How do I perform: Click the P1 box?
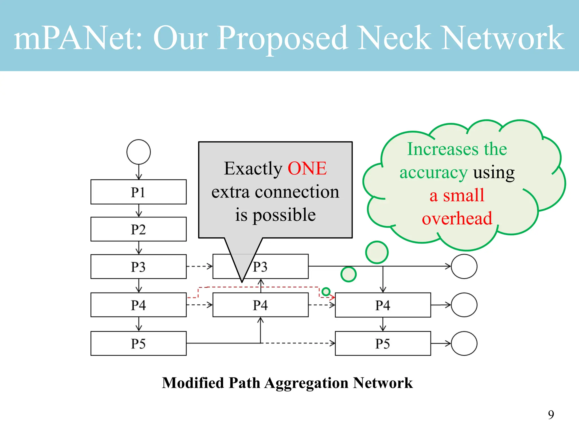tap(138, 192)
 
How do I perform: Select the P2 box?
tap(138, 229)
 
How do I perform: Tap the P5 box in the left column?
tap(138, 343)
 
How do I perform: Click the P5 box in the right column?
tap(383, 343)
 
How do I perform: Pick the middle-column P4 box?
tap(260, 305)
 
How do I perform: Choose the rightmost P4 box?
tap(383, 305)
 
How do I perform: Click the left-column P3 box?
tap(138, 266)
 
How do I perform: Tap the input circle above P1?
tap(139, 152)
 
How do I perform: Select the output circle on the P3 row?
tap(464, 266)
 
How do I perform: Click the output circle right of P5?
tap(464, 343)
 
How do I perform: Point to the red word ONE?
tap(307, 168)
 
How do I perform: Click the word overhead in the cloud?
tap(457, 218)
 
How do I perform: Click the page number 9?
tap(551, 415)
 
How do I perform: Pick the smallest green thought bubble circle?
tap(326, 291)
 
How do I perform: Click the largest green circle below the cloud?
tap(377, 252)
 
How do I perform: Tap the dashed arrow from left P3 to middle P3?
tap(199, 266)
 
